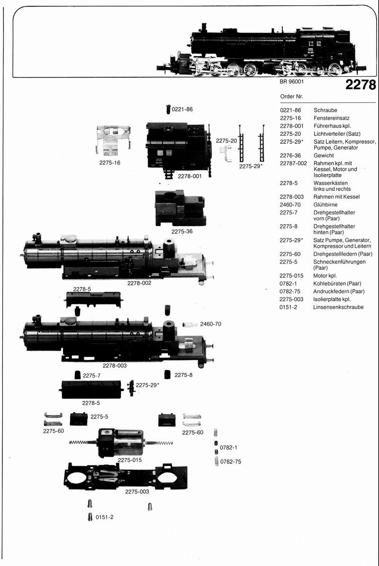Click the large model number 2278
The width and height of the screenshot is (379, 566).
coord(361,85)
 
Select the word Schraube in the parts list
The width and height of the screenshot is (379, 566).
coord(325,110)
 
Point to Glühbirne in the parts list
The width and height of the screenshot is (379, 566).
coord(325,205)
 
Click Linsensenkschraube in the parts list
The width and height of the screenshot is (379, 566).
coord(338,307)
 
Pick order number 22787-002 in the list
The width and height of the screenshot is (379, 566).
coord(293,163)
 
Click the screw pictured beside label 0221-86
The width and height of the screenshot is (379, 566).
coord(168,109)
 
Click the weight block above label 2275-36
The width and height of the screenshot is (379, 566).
coord(180,208)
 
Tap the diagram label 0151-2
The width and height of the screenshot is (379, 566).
coord(104,517)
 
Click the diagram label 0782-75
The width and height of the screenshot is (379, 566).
coord(231,461)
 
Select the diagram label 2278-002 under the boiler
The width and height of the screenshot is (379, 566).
coord(139,283)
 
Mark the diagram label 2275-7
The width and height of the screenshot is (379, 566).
coord(91,375)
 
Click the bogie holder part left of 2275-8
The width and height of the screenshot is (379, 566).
coord(167,374)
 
